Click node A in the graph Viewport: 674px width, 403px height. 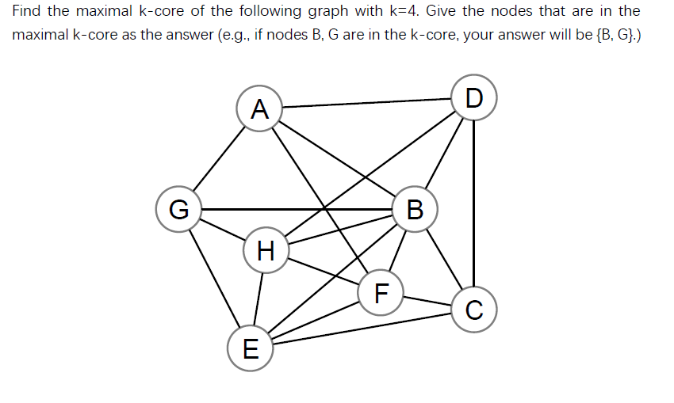coord(259,108)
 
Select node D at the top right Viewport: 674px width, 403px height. coord(473,98)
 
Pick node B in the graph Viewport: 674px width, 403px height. coord(414,210)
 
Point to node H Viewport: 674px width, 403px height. coord(266,252)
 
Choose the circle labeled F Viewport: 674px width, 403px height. coord(381,294)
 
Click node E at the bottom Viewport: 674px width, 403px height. coord(250,348)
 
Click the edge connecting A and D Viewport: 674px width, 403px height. coord(366,103)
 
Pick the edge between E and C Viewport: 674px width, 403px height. coord(362,328)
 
